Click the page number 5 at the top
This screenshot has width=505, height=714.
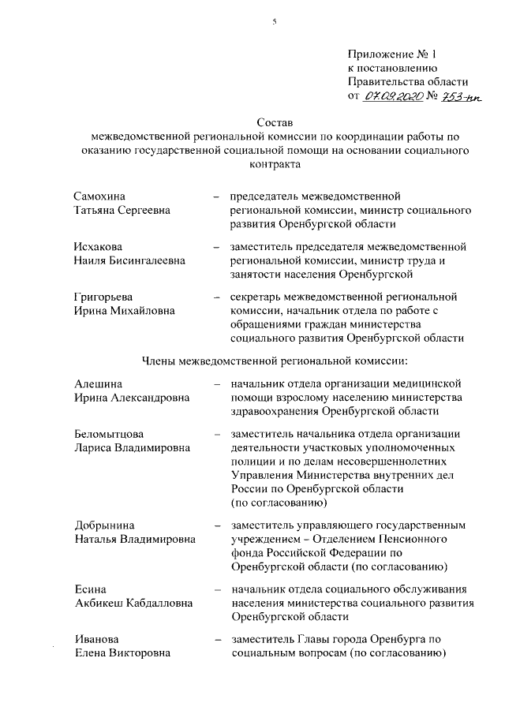(x=275, y=21)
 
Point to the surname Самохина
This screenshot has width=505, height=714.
(x=99, y=196)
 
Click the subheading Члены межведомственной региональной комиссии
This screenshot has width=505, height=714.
(x=274, y=361)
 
